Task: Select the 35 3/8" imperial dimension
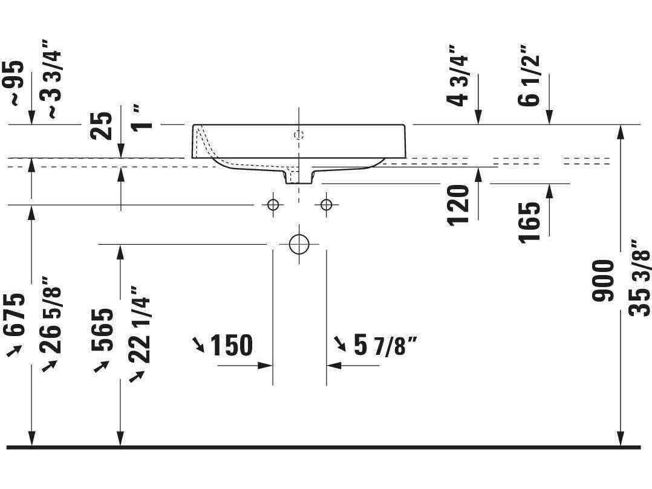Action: [x=639, y=278]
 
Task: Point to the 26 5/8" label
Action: [x=51, y=315]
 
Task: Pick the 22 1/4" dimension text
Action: [x=139, y=324]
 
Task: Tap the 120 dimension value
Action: [x=458, y=206]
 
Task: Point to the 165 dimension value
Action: [x=530, y=222]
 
